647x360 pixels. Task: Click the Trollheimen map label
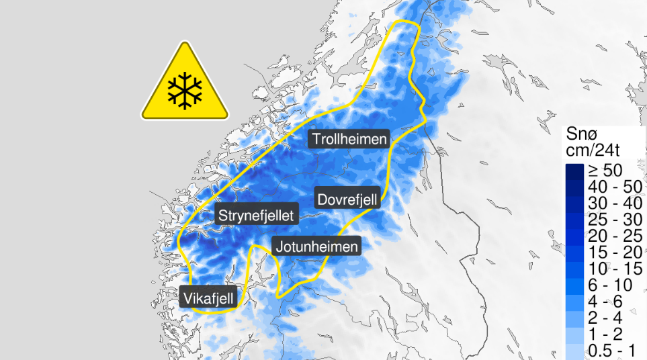point(349,139)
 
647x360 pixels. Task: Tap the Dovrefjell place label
point(348,198)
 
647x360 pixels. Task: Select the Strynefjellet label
point(258,216)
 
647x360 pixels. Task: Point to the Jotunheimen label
point(315,246)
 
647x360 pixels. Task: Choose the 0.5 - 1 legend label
point(611,349)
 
